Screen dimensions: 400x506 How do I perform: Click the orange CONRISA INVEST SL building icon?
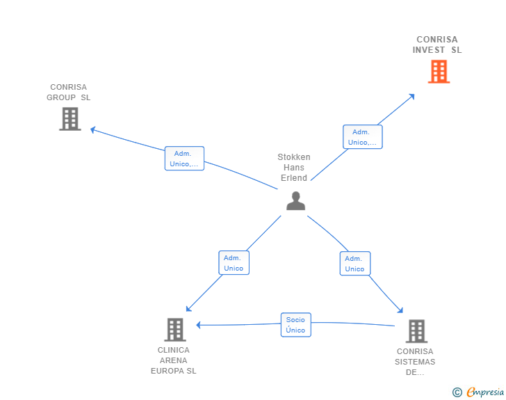tap(439, 72)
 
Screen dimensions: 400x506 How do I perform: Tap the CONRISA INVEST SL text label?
tap(437, 45)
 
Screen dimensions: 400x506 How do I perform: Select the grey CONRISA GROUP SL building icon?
tap(70, 119)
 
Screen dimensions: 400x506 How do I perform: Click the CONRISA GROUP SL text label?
tap(69, 93)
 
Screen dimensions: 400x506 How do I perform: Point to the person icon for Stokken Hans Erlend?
tap(295, 201)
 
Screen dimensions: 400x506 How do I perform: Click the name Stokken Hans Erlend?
tap(294, 168)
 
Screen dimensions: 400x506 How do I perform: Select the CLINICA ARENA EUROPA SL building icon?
tap(175, 329)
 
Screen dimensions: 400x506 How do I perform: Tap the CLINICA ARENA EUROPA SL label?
tap(174, 360)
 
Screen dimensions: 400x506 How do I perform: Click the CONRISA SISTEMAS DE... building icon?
tap(416, 331)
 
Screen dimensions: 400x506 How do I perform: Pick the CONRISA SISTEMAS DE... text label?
tap(415, 362)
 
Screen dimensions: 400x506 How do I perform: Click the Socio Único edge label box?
tap(295, 325)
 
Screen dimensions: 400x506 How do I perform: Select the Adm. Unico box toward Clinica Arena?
tap(234, 263)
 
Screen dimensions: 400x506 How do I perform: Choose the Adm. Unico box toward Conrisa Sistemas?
tap(354, 264)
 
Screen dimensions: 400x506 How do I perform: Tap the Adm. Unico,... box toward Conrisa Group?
tap(184, 159)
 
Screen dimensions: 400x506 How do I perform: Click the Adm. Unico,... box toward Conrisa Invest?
tap(362, 137)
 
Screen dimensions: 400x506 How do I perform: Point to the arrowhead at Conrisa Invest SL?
tap(412, 96)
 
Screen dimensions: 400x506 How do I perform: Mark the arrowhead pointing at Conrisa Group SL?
tap(93, 129)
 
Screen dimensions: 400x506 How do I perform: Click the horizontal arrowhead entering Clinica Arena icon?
tap(199, 325)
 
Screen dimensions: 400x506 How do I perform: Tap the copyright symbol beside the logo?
tap(457, 392)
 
